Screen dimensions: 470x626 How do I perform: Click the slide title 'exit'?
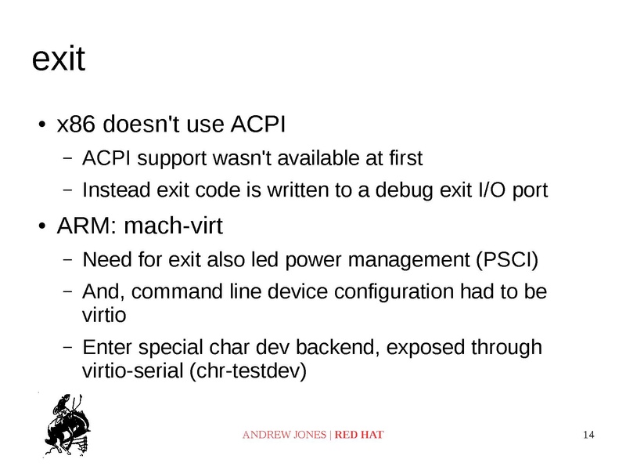[x=57, y=60]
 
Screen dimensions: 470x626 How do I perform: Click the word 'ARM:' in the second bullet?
[x=87, y=227]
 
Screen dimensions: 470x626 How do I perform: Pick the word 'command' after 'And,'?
[x=176, y=292]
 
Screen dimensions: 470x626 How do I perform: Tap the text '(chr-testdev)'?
[x=244, y=371]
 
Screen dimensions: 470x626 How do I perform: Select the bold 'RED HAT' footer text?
[x=359, y=435]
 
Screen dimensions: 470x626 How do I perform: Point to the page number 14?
[x=590, y=435]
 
